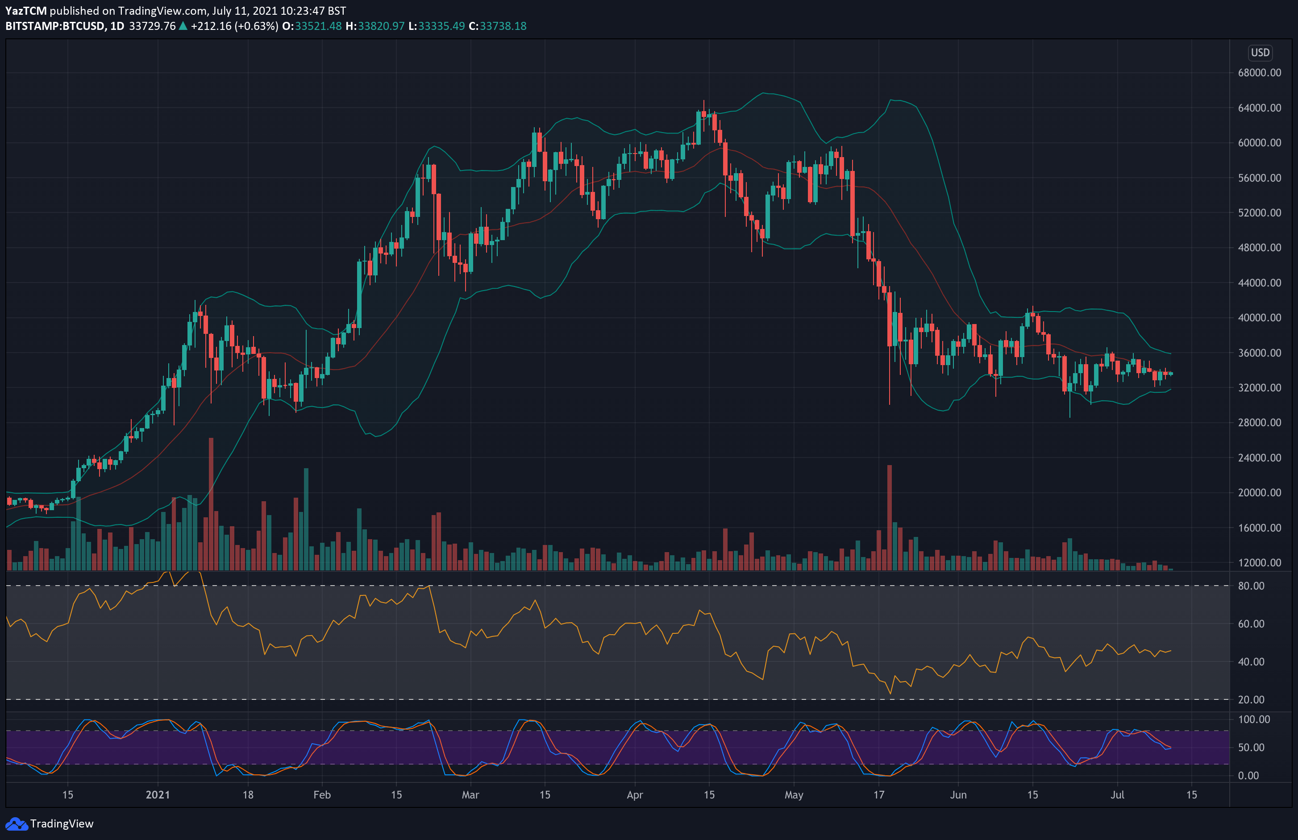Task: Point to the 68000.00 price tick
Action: click(x=1259, y=73)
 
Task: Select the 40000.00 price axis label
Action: click(x=1259, y=317)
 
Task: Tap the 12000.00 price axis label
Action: click(x=1259, y=562)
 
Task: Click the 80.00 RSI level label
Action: click(x=1251, y=586)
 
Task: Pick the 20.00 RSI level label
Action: click(x=1251, y=699)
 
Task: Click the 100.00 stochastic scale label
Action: click(x=1254, y=719)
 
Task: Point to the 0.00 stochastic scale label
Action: click(x=1248, y=775)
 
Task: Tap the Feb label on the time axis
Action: click(x=322, y=795)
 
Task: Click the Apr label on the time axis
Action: click(x=635, y=795)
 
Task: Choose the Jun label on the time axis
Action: click(x=958, y=795)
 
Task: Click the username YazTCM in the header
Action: click(x=25, y=10)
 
